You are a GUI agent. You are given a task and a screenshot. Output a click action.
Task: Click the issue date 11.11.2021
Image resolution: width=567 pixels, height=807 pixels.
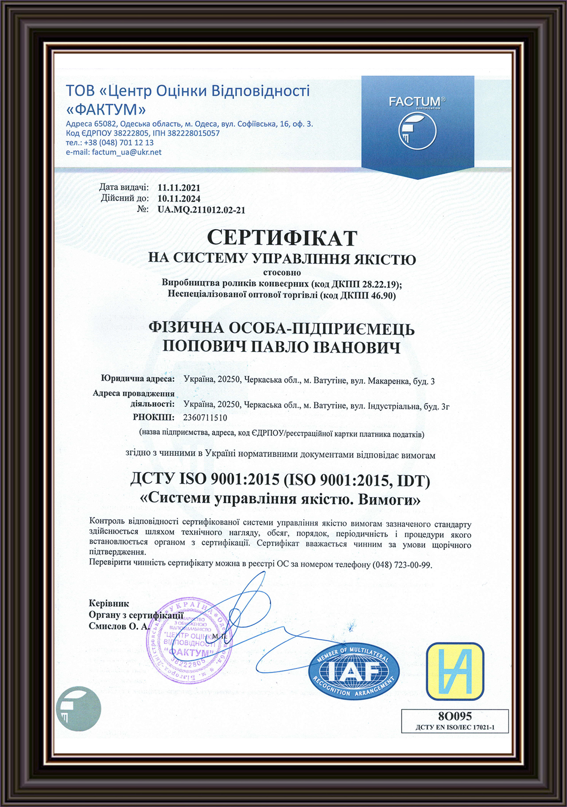coord(179,188)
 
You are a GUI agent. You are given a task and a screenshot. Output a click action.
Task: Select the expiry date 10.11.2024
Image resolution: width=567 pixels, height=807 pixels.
coord(179,198)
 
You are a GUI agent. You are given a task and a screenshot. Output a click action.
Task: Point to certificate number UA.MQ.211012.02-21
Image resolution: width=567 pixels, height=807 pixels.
coord(202,210)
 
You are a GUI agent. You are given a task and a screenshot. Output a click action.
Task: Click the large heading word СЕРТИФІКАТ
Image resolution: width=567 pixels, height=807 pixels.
coord(282,238)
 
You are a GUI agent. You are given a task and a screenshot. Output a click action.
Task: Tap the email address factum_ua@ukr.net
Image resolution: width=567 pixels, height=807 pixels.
coord(127,152)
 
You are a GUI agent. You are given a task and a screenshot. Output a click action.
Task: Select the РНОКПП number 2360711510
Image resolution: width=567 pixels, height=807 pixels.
coord(205,417)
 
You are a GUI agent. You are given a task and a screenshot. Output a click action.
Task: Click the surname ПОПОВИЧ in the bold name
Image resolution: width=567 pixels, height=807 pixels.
coord(204,347)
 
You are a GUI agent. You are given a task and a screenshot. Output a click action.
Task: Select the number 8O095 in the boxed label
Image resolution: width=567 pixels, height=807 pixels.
coord(454,716)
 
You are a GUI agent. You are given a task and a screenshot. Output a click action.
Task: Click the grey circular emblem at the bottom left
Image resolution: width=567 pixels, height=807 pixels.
coord(78,709)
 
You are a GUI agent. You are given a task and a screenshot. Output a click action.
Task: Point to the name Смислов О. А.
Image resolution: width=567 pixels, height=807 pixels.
coord(119,626)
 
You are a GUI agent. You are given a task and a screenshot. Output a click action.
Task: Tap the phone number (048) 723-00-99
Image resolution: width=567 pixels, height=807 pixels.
coord(401,565)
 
